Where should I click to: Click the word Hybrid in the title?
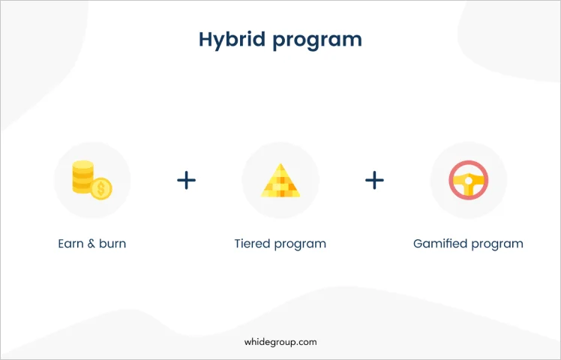coord(232,40)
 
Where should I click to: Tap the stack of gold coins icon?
coord(92,180)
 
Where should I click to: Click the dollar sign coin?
coord(101,188)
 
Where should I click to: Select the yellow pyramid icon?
coord(280,180)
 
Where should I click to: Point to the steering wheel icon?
coord(468,180)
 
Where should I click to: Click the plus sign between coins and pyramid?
coord(187,180)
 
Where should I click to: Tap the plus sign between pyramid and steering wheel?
coord(374,180)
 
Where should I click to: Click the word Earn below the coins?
coord(70,244)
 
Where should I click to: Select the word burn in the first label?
coord(112,244)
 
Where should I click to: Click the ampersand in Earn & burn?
coord(91,244)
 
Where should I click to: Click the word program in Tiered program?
coord(300,245)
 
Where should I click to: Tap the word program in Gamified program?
coord(497,245)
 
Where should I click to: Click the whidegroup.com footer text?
coord(280,342)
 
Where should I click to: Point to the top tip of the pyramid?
coord(280,163)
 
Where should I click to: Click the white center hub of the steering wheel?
coord(468,181)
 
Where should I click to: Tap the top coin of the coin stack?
coord(83,165)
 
